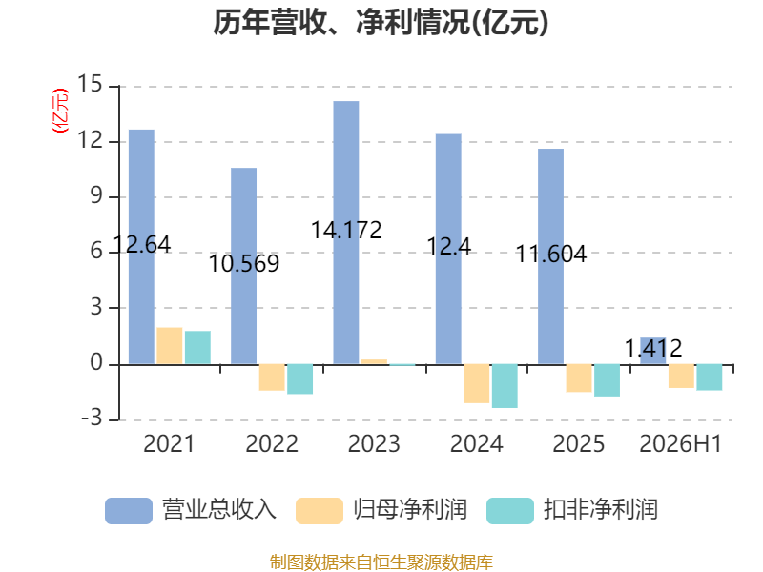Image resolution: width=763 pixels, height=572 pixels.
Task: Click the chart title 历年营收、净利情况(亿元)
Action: tap(381, 22)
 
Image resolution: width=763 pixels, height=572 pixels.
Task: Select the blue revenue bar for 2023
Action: tap(346, 233)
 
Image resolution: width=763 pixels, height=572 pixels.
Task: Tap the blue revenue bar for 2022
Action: tap(244, 266)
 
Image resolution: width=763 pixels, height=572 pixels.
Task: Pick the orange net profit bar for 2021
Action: tap(170, 346)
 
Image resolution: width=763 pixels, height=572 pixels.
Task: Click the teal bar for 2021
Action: tap(197, 347)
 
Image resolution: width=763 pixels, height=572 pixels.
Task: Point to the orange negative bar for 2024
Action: tap(476, 383)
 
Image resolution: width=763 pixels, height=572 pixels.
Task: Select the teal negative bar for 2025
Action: tap(607, 380)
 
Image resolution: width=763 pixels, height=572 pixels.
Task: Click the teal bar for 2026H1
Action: tap(710, 378)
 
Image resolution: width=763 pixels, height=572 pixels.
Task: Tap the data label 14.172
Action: tap(346, 230)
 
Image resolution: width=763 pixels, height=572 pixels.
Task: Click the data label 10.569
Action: tap(244, 264)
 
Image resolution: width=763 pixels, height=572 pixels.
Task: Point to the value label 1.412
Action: tap(653, 348)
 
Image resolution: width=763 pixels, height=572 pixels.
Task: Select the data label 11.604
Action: tap(551, 254)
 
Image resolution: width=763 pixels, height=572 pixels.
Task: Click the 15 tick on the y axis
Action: tap(90, 84)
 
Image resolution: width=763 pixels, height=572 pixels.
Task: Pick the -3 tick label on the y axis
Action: tap(92, 418)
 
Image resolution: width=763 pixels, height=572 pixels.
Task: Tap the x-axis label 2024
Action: tap(476, 443)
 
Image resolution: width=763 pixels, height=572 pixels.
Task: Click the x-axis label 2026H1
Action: tap(680, 443)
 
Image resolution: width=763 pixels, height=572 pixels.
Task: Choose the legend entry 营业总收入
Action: tap(191, 510)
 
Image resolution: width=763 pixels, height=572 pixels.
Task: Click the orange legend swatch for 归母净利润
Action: tap(320, 511)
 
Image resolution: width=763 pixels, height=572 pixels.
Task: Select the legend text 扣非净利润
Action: tap(601, 510)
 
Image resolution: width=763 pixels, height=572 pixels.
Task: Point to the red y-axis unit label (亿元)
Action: tap(60, 111)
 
